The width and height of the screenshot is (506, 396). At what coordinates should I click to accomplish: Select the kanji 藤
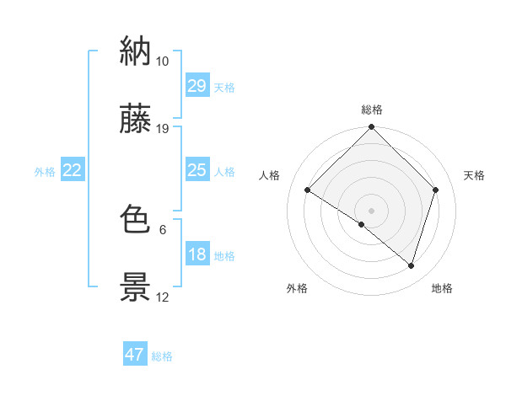click(136, 119)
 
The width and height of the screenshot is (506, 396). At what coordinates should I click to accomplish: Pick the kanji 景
click(136, 287)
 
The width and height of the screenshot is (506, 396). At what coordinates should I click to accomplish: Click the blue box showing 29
click(196, 86)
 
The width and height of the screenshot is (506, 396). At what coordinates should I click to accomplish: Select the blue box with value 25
click(196, 170)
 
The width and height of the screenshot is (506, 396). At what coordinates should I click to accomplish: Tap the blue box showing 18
click(196, 255)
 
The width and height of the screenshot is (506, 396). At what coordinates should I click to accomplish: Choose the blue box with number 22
click(73, 171)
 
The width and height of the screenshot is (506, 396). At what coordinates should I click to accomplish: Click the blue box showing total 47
click(135, 355)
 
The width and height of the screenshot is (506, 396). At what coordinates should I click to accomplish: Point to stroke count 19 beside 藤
click(163, 129)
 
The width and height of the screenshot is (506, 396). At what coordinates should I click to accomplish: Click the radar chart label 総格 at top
click(372, 110)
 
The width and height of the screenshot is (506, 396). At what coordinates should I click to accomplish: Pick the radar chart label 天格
click(474, 175)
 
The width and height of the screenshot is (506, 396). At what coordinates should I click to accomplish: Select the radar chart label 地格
click(442, 288)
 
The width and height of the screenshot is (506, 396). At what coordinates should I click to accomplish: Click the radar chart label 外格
click(297, 288)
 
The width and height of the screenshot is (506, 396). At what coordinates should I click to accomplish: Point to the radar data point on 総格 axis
click(372, 128)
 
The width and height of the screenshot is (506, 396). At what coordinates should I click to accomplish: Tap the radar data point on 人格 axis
click(308, 190)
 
